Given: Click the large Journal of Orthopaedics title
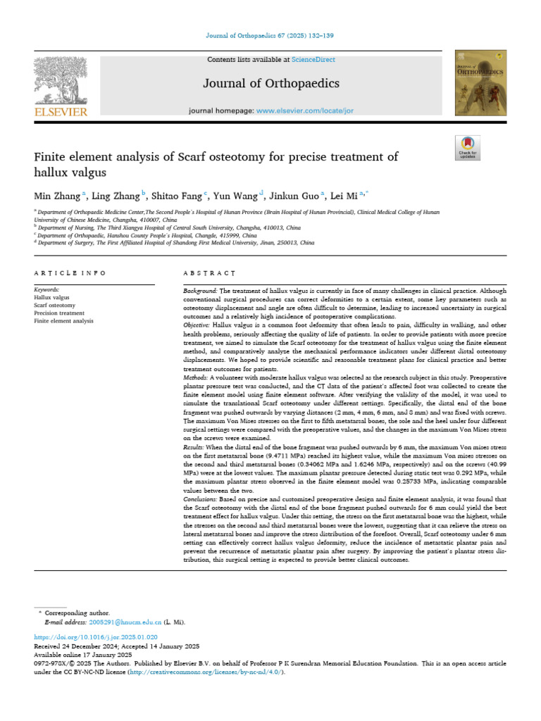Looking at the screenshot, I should click(271, 84).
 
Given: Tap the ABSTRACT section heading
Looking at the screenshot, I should click(209, 272).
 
